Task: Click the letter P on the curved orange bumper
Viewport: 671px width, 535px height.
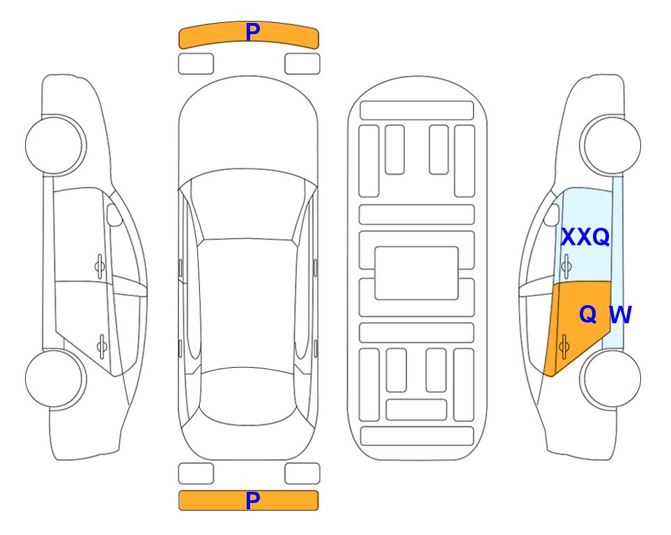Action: tap(252, 32)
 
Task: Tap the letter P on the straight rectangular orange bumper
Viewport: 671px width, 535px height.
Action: tap(252, 500)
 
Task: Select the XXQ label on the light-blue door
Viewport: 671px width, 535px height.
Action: tap(585, 237)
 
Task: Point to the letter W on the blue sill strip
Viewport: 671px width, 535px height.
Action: tap(620, 315)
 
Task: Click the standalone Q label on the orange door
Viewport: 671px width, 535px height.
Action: tap(588, 315)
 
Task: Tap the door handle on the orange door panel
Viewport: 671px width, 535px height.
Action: tap(564, 347)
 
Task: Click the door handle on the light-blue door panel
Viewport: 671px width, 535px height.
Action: tap(566, 266)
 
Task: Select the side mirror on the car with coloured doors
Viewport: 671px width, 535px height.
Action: tap(552, 215)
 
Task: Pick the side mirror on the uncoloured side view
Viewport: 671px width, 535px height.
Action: tap(114, 215)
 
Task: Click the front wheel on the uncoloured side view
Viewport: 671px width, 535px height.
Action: tap(55, 146)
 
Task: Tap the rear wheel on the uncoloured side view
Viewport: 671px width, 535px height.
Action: tap(55, 379)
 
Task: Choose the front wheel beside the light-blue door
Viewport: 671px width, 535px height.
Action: tap(610, 146)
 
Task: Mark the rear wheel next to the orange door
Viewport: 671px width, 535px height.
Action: tap(610, 379)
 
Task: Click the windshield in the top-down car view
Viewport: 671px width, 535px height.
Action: tap(248, 206)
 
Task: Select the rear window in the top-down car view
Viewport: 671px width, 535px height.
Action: tap(247, 396)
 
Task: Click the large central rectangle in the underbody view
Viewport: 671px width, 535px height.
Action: tap(417, 273)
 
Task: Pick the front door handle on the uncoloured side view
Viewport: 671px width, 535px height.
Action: tap(100, 266)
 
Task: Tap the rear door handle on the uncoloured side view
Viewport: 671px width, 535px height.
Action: tap(102, 346)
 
